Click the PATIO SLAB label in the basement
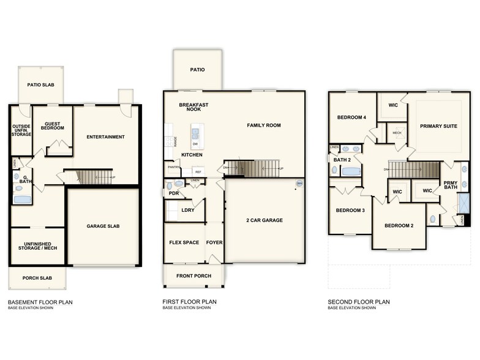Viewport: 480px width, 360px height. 40,84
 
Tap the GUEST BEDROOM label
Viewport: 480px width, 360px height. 52,126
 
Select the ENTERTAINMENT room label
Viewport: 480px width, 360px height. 105,137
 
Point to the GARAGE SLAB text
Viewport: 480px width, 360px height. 102,226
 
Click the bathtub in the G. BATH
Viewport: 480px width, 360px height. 21,199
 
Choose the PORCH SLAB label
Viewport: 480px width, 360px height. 37,278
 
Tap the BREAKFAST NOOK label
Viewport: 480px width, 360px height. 193,107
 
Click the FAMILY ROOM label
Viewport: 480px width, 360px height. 264,125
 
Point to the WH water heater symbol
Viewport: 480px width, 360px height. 299,183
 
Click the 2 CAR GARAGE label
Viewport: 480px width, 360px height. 264,220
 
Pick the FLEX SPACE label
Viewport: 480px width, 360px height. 184,242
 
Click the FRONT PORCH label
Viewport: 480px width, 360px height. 193,276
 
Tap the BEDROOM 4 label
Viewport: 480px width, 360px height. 351,117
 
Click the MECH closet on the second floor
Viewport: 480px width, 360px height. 397,133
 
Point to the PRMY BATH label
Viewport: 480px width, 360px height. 450,185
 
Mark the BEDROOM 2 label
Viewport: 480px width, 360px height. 399,225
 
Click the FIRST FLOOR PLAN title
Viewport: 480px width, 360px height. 189,301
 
